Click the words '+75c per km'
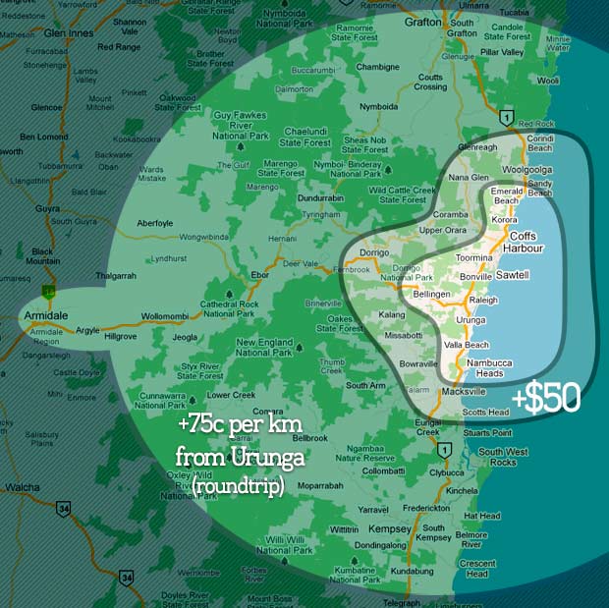click(233, 426)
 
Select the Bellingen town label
click(432, 294)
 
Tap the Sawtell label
click(512, 275)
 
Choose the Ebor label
click(260, 274)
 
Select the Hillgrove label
click(121, 335)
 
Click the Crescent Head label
click(477, 569)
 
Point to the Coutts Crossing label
click(430, 82)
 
